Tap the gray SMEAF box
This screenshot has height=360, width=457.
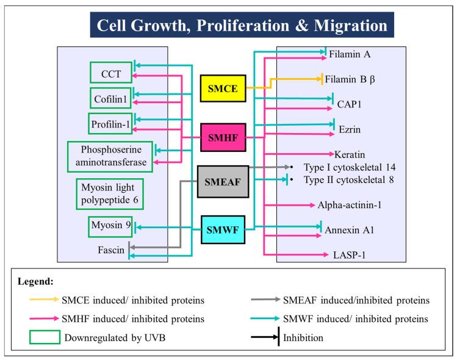tap(223, 181)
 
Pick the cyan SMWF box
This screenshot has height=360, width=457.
tap(223, 231)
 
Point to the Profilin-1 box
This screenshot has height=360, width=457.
tap(110, 123)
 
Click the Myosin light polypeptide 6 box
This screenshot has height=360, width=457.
tap(111, 195)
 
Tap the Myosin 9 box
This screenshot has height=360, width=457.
tap(110, 226)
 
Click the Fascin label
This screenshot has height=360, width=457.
tap(111, 250)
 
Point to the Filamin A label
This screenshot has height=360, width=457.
tap(350, 54)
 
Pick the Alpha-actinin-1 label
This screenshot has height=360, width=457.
tap(350, 206)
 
